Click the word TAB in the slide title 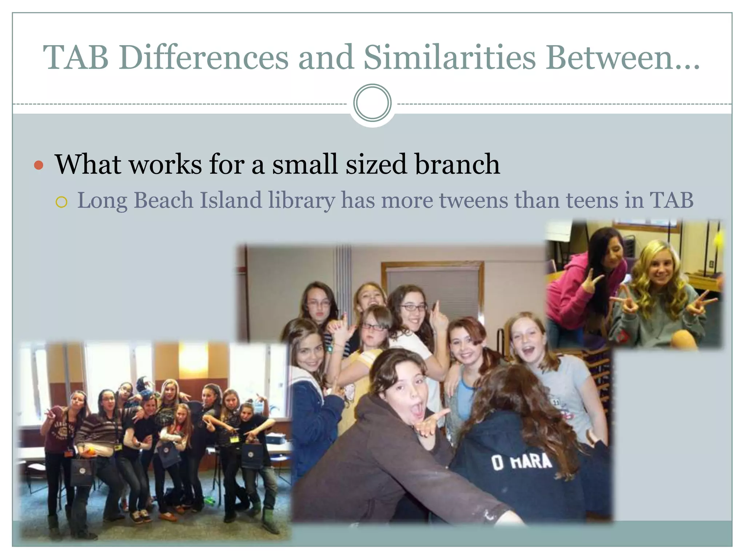tap(76, 57)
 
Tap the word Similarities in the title tap(450, 57)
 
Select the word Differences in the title tap(203, 57)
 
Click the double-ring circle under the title tap(372, 103)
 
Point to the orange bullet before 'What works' tap(39, 166)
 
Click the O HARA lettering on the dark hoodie tap(521, 463)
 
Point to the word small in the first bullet tap(305, 164)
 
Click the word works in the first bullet tap(166, 164)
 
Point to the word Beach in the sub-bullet tap(163, 201)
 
